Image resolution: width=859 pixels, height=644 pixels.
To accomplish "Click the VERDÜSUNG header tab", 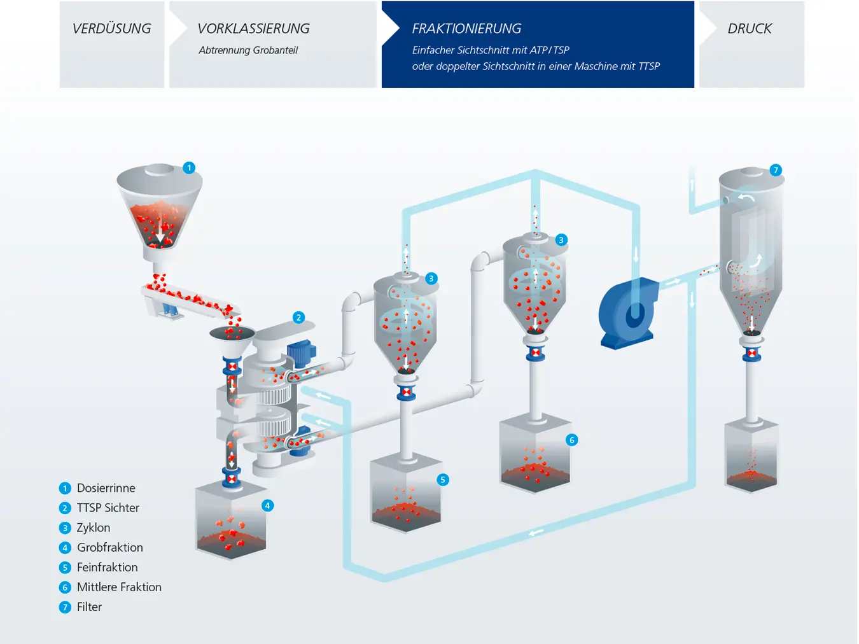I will pyautogui.click(x=112, y=29).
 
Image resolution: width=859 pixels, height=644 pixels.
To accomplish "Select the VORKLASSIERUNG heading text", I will pyautogui.click(x=253, y=29).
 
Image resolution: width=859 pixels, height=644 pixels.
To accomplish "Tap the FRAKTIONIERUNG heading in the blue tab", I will pyautogui.click(x=466, y=29).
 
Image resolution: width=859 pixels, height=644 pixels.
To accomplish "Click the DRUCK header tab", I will pyautogui.click(x=750, y=29).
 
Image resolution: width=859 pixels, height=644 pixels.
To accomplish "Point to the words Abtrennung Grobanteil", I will pyautogui.click(x=248, y=50).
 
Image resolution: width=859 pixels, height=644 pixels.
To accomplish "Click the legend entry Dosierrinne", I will pyautogui.click(x=106, y=488).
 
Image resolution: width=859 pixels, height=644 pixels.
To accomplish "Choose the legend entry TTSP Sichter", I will pyautogui.click(x=108, y=508).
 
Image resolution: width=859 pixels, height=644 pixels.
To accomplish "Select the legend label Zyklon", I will pyautogui.click(x=93, y=528).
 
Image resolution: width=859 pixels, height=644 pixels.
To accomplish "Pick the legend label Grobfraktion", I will pyautogui.click(x=109, y=547).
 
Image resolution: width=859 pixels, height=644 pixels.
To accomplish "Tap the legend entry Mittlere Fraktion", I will pyautogui.click(x=119, y=587).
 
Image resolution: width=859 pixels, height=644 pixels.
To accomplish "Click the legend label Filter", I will pyautogui.click(x=89, y=606).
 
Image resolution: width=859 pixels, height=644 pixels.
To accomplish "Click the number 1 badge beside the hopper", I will pyautogui.click(x=189, y=168).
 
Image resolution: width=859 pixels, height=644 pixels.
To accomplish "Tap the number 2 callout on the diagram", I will pyautogui.click(x=298, y=318).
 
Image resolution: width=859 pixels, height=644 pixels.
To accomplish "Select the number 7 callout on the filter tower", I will pyautogui.click(x=775, y=170).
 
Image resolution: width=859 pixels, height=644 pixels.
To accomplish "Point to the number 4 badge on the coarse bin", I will pyautogui.click(x=267, y=505).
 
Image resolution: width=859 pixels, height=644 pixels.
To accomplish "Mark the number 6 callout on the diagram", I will pyautogui.click(x=571, y=440).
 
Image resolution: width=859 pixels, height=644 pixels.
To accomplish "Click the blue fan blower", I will pyautogui.click(x=629, y=313).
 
